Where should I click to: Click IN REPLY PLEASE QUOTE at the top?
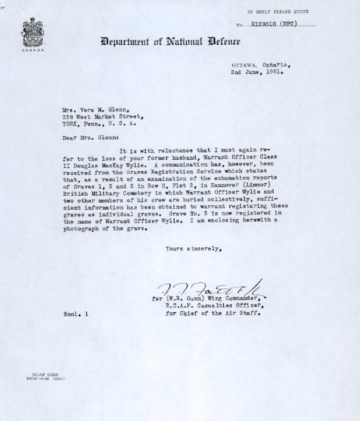[x=277, y=11]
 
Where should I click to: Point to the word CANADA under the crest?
[x=28, y=50]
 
